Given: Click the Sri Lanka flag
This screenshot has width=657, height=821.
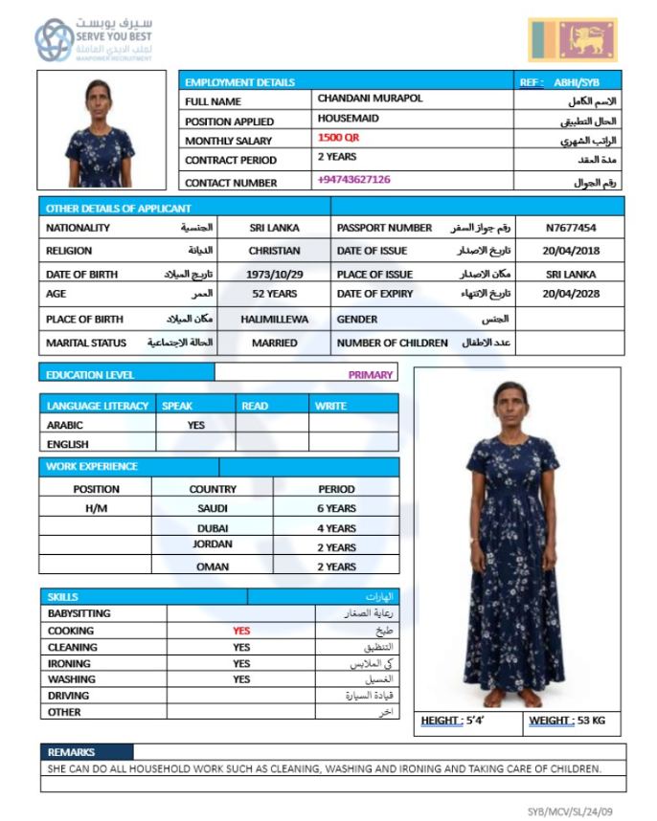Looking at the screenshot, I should coord(572,40).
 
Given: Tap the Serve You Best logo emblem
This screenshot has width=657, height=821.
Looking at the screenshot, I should coord(54,40).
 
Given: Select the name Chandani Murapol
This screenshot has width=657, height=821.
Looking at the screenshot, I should coord(370,99).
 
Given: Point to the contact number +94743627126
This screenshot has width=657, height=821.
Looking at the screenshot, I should coord(353,180).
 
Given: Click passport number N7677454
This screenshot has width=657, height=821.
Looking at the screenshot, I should coord(571,229).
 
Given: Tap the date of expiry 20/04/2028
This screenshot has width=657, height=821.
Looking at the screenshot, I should coord(571,294).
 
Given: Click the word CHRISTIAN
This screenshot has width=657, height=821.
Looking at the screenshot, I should coord(274,251).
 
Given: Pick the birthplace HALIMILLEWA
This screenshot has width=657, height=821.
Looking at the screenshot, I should coord(274,320).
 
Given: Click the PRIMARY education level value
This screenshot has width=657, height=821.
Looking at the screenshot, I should coord(370,375).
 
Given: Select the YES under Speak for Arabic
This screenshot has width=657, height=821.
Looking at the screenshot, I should coord(196,425).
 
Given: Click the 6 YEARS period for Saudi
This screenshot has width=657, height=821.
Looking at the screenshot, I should coord(336,509).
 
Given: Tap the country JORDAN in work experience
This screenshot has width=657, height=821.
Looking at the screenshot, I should coord(213,544).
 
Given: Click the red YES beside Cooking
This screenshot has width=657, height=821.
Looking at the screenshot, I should coord(241,632).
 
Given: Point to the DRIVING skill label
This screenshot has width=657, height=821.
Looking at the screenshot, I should coord(68,696).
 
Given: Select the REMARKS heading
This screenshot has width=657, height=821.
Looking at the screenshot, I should coord(71,752).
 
